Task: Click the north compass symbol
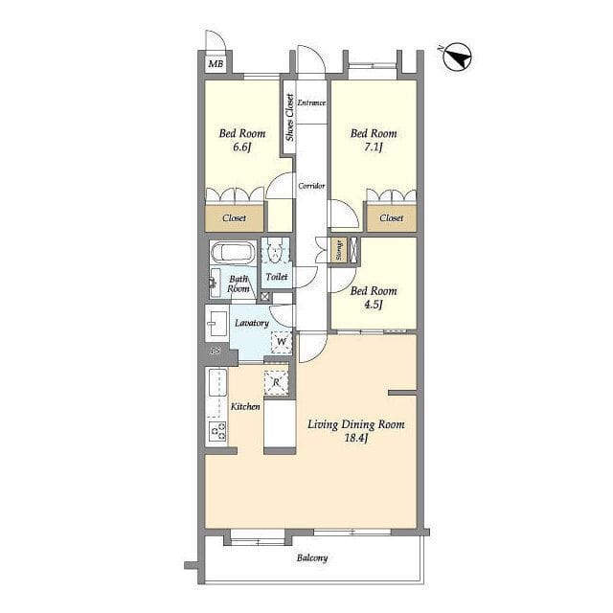click(x=458, y=57)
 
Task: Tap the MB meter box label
click(x=216, y=64)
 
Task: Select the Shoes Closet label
click(x=289, y=117)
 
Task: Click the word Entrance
click(x=311, y=102)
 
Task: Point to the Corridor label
click(x=311, y=186)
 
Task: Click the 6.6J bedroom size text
click(x=241, y=148)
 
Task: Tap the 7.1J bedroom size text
click(x=374, y=148)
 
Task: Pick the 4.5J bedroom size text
click(x=374, y=305)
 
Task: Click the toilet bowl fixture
click(x=276, y=252)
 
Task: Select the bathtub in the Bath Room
click(x=233, y=252)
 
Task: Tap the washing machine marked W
click(x=282, y=342)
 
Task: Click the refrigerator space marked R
click(x=277, y=383)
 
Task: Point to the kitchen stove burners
click(x=217, y=432)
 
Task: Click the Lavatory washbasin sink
click(x=216, y=324)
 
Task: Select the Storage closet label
click(x=339, y=250)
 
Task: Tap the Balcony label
click(x=312, y=557)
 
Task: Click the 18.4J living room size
click(x=355, y=439)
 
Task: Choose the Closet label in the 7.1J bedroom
click(x=392, y=218)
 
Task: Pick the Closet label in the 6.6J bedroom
click(x=234, y=218)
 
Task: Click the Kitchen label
click(x=245, y=407)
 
